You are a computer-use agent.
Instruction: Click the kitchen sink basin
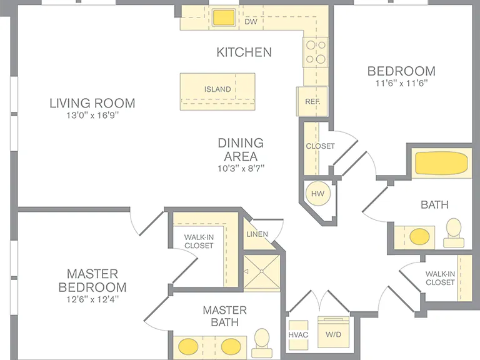point(224,17)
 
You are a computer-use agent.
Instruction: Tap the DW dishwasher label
point(251,22)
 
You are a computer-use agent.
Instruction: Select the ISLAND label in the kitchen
point(217,89)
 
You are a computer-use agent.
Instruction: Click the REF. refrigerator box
point(312,101)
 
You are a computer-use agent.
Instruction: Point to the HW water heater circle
point(317,194)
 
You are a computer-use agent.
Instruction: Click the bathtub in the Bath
point(441,163)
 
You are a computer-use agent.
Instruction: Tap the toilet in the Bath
point(453,232)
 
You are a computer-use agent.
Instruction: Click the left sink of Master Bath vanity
point(188,346)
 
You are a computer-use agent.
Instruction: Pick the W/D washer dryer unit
point(333,332)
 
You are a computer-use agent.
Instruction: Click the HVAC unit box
point(299,335)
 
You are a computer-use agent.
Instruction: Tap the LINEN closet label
point(257,234)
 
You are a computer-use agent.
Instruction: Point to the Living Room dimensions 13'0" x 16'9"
point(92,116)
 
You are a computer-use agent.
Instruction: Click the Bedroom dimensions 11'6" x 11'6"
point(401,83)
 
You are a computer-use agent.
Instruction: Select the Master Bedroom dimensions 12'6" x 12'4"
point(92,299)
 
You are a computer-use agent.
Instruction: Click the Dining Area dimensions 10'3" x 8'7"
point(241,168)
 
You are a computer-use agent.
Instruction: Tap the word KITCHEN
point(244,52)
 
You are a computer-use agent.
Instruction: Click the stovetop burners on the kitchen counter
point(315,52)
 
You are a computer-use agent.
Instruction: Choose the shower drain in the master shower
point(262,271)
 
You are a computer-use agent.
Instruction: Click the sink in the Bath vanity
point(419,237)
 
